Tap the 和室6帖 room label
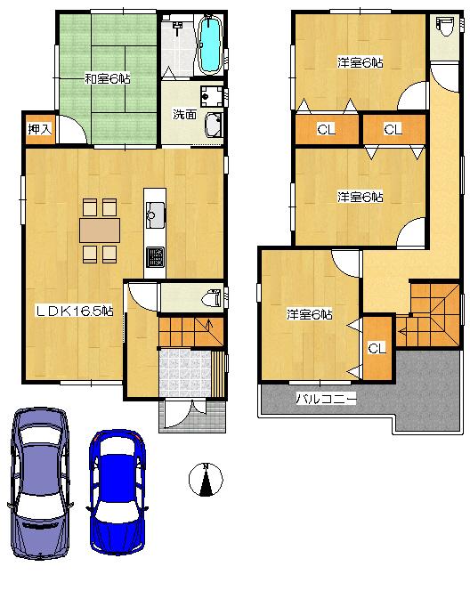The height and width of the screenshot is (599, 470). tap(107, 78)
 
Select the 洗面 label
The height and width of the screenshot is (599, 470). tap(185, 114)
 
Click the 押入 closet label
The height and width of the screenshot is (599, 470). tap(39, 130)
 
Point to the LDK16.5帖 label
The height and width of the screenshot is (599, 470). tap(74, 311)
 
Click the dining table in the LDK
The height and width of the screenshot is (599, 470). tap(99, 231)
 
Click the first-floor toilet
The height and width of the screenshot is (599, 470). tap(211, 296)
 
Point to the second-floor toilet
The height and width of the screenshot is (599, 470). tap(443, 28)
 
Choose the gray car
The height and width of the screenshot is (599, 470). tap(38, 482)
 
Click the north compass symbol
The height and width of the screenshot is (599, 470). tap(206, 481)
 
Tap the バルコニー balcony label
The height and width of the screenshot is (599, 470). tap(326, 400)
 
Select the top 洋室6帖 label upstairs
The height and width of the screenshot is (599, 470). tap(360, 62)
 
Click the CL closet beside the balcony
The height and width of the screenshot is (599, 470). tap(377, 347)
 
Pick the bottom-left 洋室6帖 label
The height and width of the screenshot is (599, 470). tap(309, 314)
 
